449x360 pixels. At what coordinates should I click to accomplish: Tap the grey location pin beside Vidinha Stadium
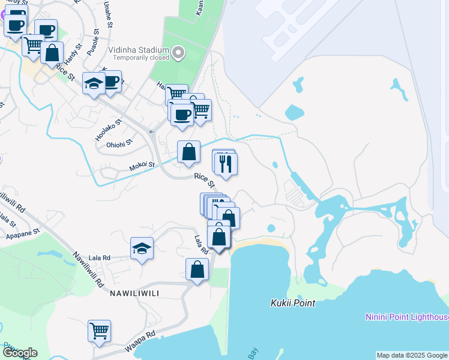point(178,54)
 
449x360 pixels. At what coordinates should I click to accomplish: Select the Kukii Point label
point(292,303)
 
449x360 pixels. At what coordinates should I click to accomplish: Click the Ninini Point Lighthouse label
point(408,317)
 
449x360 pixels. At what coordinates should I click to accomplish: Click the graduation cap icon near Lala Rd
point(142,249)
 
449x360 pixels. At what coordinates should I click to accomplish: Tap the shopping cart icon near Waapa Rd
point(99,331)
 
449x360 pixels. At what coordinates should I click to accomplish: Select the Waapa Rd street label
point(140,341)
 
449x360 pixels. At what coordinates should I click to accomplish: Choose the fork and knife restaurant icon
point(226,164)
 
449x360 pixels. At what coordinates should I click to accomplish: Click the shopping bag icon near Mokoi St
point(189,153)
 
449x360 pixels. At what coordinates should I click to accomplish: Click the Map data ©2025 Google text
point(412,355)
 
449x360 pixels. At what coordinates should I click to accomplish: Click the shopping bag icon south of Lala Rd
point(197,270)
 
